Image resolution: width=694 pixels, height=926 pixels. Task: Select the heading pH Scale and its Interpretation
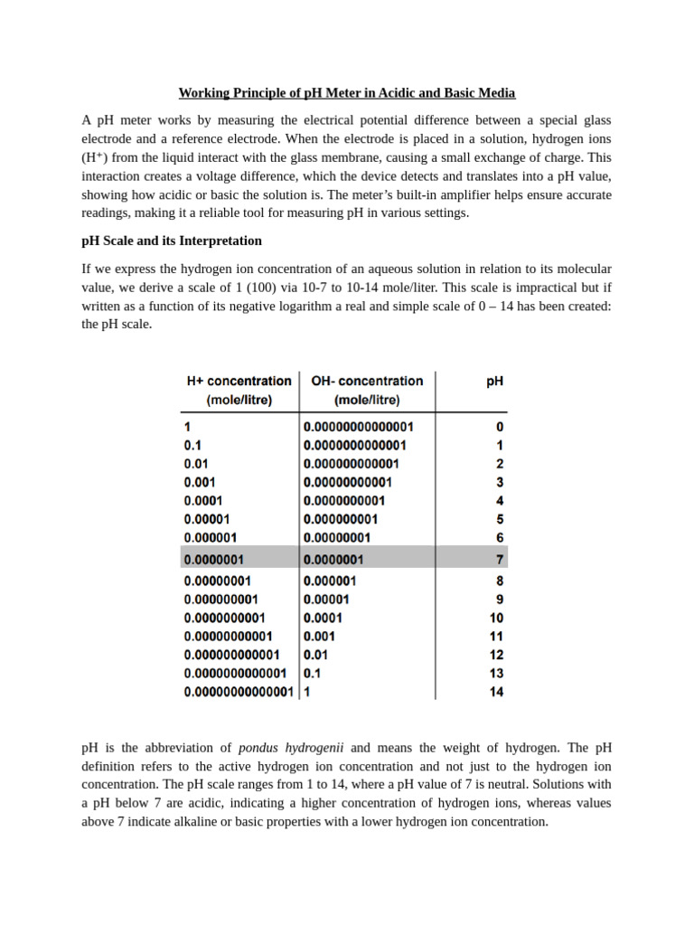tap(172, 241)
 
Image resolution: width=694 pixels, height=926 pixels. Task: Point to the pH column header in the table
tap(494, 382)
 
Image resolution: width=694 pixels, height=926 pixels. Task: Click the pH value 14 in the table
tap(496, 692)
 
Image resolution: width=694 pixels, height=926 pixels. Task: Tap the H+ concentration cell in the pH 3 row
tap(200, 482)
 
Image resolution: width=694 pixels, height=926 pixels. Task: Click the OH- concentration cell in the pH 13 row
tap(313, 673)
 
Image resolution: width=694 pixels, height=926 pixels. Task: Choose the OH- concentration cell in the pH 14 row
tap(307, 692)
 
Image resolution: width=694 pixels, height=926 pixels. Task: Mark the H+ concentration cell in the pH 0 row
tap(187, 427)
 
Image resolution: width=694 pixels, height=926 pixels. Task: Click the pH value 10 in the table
tap(496, 618)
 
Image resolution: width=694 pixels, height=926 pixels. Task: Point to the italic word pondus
tap(259, 748)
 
